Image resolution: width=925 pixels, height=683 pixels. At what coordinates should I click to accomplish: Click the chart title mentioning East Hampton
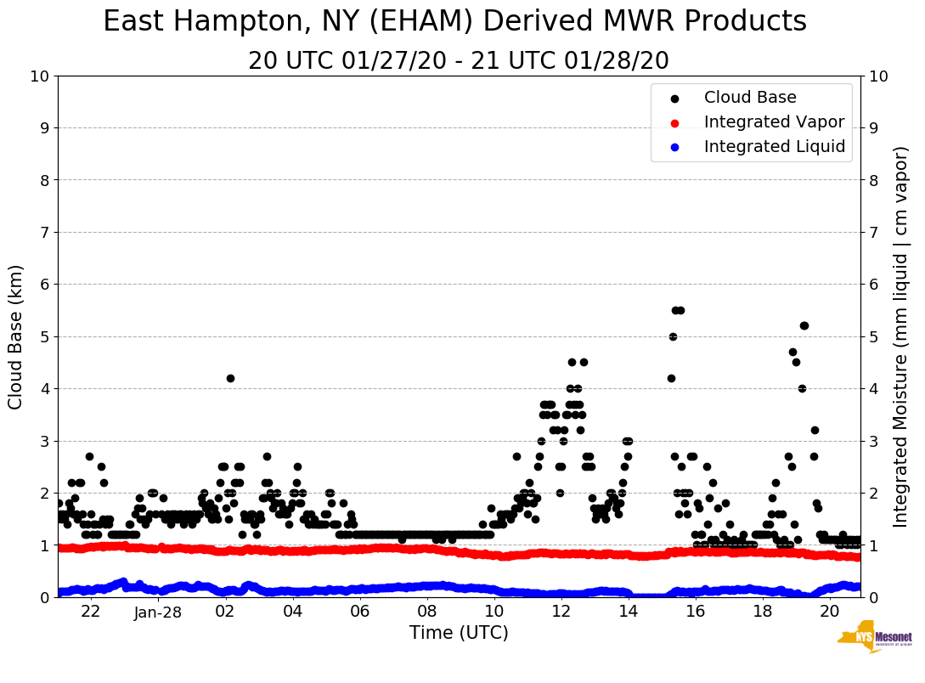pyautogui.click(x=454, y=22)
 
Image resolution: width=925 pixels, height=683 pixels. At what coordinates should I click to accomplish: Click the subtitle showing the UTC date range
pyautogui.click(x=458, y=61)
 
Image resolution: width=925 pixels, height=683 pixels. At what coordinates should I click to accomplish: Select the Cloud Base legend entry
pyautogui.click(x=750, y=98)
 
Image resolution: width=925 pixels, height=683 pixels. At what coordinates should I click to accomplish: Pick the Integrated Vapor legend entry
pyautogui.click(x=774, y=122)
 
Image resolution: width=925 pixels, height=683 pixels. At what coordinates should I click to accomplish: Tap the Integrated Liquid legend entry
pyautogui.click(x=774, y=147)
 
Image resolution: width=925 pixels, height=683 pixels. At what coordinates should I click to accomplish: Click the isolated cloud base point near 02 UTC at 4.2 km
pyautogui.click(x=230, y=378)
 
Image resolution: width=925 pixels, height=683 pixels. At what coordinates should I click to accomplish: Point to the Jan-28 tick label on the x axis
pyautogui.click(x=158, y=612)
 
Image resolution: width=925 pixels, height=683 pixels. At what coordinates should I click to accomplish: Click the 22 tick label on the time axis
pyautogui.click(x=91, y=612)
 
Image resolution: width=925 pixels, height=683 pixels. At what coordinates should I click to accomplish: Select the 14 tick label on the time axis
pyautogui.click(x=628, y=612)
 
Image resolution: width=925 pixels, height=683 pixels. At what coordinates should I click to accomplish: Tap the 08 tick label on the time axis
pyautogui.click(x=426, y=612)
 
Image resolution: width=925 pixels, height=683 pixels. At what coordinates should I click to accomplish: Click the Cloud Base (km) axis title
pyautogui.click(x=16, y=336)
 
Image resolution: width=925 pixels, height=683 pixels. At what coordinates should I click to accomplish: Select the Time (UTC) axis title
pyautogui.click(x=459, y=633)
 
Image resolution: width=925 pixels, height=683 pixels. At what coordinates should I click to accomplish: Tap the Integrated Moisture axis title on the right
pyautogui.click(x=902, y=336)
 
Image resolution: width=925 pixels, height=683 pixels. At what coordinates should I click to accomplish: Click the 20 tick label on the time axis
pyautogui.click(x=829, y=612)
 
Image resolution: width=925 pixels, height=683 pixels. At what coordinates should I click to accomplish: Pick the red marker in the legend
pyautogui.click(x=674, y=122)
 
